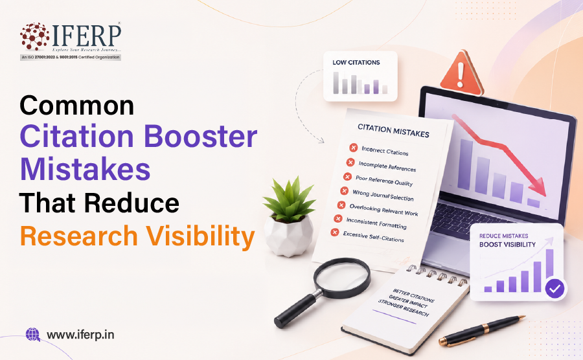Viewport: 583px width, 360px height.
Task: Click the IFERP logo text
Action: [87, 36]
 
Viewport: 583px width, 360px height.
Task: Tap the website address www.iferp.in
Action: [80, 335]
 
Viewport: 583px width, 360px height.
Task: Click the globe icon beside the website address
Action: [33, 334]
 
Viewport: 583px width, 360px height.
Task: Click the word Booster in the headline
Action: [200, 137]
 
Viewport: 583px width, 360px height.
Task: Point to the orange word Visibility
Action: [200, 237]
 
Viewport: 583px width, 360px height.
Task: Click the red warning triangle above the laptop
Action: [461, 73]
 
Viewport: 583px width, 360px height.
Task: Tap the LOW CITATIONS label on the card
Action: [356, 62]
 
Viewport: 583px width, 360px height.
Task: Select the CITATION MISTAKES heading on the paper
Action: [393, 131]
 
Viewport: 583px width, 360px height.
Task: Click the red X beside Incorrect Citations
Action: [353, 148]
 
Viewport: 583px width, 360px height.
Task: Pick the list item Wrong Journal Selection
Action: [383, 195]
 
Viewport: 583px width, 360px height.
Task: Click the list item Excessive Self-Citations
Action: [373, 236]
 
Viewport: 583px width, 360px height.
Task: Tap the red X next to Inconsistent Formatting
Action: [338, 218]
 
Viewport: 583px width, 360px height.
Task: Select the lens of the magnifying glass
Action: [342, 278]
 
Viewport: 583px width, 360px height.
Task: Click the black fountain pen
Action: [482, 330]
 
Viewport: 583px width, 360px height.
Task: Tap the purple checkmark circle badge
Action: [554, 288]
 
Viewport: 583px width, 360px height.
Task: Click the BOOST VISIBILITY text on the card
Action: [507, 245]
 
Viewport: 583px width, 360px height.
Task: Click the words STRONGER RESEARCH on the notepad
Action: [403, 308]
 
